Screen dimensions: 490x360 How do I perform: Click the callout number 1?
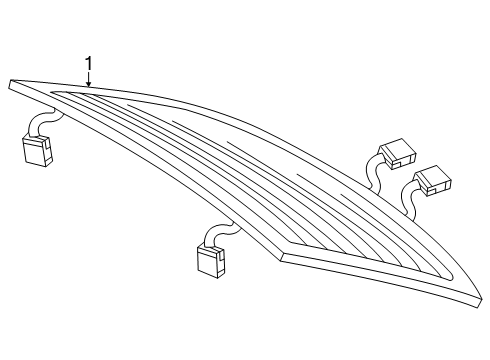(x=88, y=63)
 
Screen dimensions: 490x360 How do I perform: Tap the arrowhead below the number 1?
(x=88, y=84)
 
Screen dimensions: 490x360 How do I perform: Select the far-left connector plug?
(x=37, y=151)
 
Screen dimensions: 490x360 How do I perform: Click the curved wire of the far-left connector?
(x=42, y=122)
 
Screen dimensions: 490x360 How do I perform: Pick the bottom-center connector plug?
(x=211, y=261)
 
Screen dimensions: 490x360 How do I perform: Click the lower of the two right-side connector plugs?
(x=434, y=181)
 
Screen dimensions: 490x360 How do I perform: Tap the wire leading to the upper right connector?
(x=373, y=173)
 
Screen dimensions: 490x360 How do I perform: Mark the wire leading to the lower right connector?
(x=409, y=200)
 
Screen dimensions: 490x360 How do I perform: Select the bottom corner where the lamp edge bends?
(x=282, y=257)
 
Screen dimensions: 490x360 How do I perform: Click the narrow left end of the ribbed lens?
(x=53, y=92)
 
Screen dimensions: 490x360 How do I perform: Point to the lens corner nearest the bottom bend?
(x=291, y=242)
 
